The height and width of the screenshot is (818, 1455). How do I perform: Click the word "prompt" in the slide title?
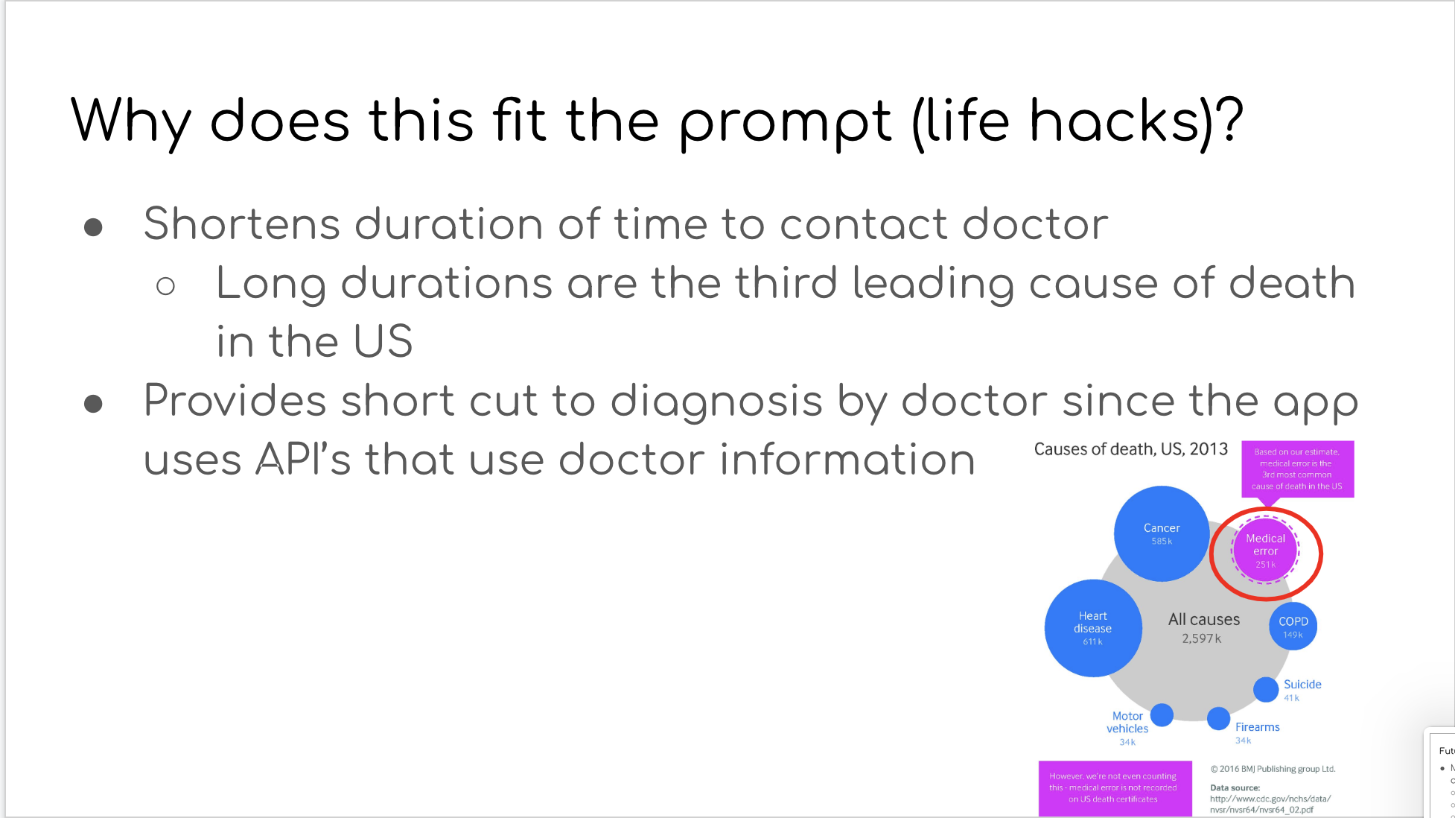pos(785,122)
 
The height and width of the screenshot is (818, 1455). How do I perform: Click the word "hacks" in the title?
pos(1114,121)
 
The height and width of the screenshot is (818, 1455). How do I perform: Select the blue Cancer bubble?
pos(1161,533)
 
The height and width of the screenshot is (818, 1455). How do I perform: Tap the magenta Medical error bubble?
pos(1265,551)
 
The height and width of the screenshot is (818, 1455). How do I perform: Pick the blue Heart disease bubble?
pos(1092,628)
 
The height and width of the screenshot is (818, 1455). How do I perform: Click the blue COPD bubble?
pos(1293,627)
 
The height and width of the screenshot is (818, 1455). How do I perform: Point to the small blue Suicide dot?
pos(1265,689)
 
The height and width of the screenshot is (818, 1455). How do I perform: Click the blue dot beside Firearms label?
pos(1218,718)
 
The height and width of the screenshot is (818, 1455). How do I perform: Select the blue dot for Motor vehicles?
pos(1162,715)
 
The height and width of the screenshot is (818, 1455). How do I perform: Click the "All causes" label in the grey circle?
pos(1203,619)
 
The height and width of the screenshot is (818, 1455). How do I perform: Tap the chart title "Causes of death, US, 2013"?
pos(1130,449)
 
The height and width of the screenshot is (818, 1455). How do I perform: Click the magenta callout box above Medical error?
pos(1297,469)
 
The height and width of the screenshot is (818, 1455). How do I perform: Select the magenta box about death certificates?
pos(1114,787)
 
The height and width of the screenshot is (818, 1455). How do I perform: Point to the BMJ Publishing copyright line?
pos(1273,769)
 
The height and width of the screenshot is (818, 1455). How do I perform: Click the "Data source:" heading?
pos(1235,787)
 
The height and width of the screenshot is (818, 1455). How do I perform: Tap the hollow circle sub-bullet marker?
pos(165,286)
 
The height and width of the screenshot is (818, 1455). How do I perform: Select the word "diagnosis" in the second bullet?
pos(716,401)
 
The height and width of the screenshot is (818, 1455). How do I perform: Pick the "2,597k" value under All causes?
pos(1201,638)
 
